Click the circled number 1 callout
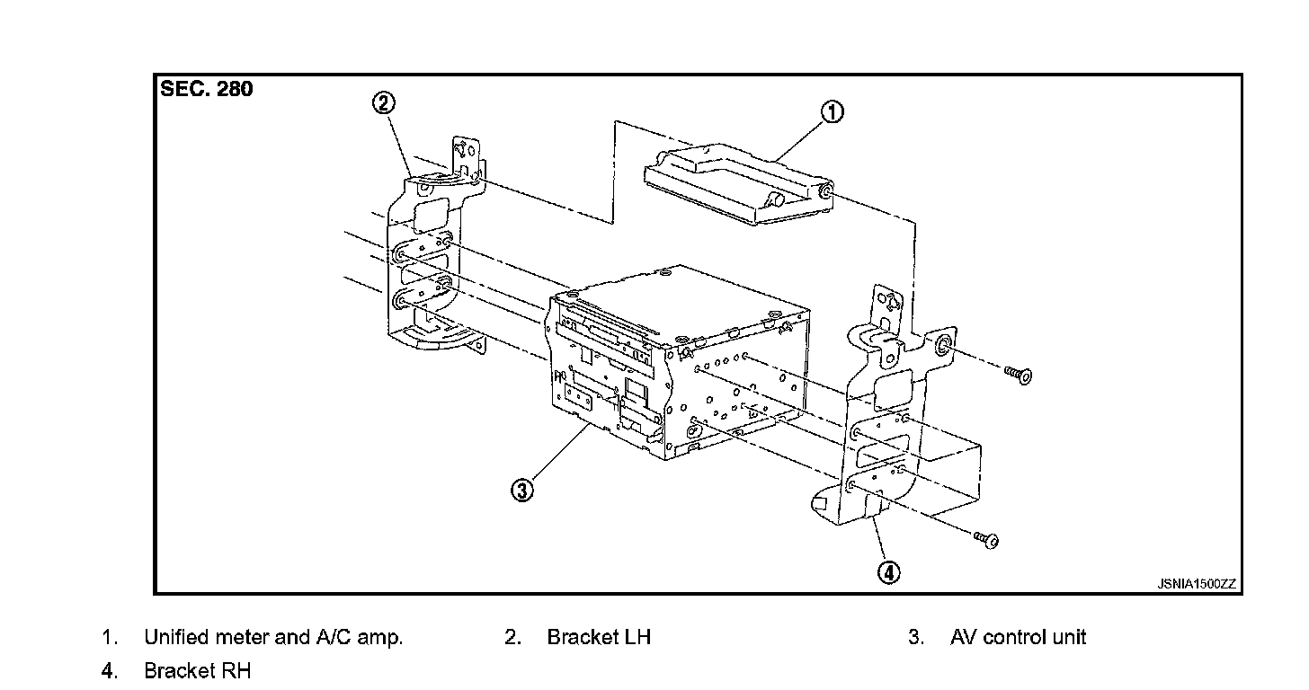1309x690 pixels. point(833,112)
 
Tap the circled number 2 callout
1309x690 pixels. point(383,103)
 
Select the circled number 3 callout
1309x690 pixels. point(522,490)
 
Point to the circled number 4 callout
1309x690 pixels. point(888,572)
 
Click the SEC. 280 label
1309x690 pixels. point(207,89)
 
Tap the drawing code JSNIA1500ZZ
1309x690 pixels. point(1197,584)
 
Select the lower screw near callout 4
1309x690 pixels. point(987,539)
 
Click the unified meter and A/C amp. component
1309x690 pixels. point(737,184)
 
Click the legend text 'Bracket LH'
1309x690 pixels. point(599,638)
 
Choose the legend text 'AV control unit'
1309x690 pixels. point(1018,638)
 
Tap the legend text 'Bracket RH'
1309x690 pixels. point(198,671)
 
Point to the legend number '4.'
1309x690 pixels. point(109,671)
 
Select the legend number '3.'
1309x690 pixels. point(916,638)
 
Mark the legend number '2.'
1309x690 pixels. point(512,638)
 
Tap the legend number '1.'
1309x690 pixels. point(109,638)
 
